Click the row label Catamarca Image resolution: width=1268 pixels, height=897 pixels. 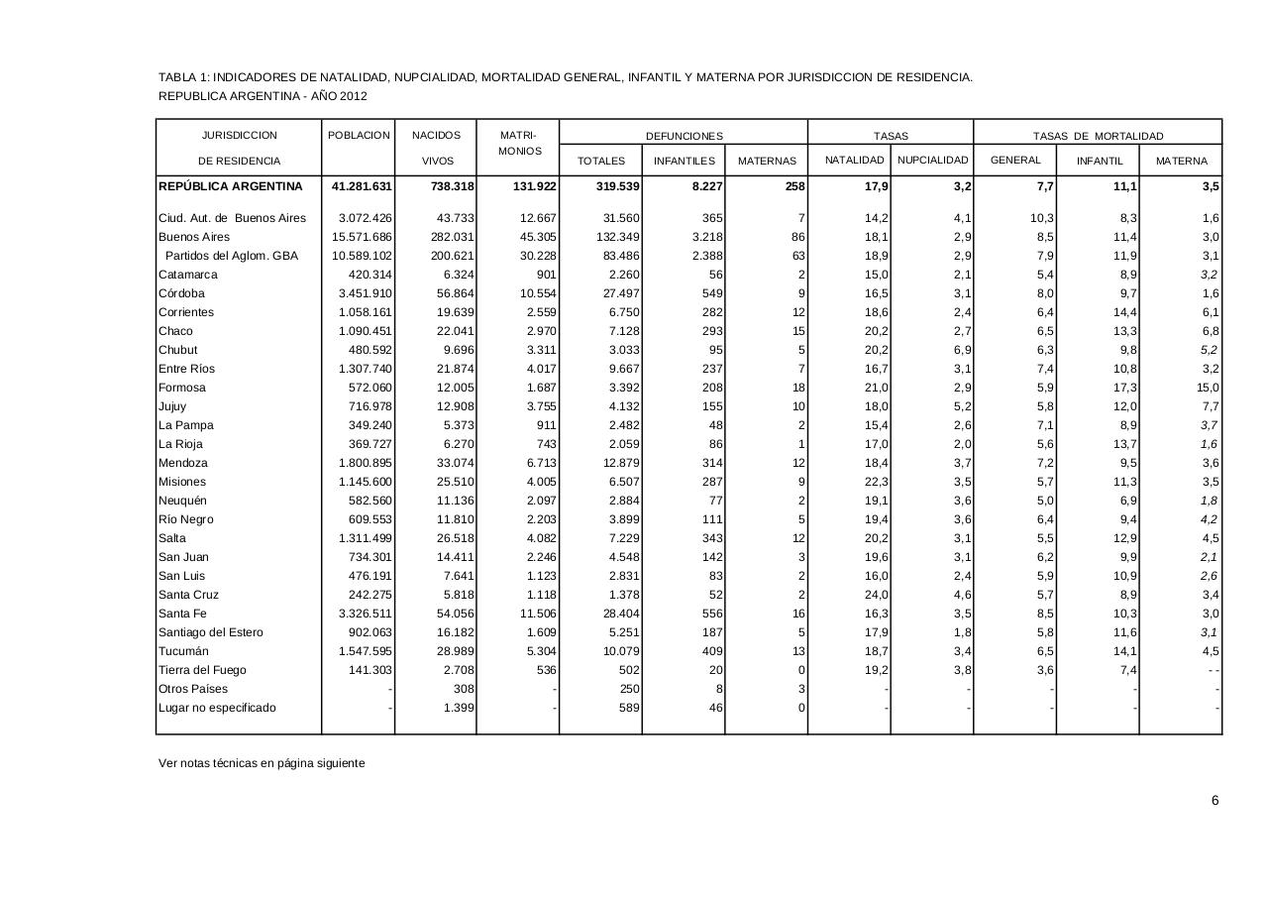pyautogui.click(x=187, y=275)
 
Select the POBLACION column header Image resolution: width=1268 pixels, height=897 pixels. pyautogui.click(x=358, y=135)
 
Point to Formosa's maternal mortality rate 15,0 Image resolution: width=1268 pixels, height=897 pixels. pyautogui.click(x=1208, y=388)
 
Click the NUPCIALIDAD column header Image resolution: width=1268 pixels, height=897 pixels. pyautogui.click(x=932, y=161)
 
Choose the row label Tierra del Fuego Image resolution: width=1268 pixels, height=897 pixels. pyautogui.click(x=202, y=670)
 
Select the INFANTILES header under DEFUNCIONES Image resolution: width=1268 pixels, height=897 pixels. pyautogui.click(x=684, y=161)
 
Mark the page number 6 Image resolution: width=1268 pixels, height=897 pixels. pyautogui.click(x=1215, y=801)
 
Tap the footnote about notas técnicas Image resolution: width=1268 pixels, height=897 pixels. pyautogui.click(x=262, y=763)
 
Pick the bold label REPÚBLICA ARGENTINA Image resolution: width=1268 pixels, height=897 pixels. pyautogui.click(x=230, y=186)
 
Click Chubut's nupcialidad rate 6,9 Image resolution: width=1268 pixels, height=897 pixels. pyautogui.click(x=961, y=350)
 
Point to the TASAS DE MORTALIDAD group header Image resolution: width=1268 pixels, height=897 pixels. pyautogui.click(x=1098, y=136)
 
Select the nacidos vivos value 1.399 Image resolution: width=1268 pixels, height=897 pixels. pyautogui.click(x=458, y=708)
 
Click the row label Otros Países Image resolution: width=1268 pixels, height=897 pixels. pyautogui.click(x=193, y=689)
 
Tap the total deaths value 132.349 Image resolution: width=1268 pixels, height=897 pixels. pyautogui.click(x=615, y=237)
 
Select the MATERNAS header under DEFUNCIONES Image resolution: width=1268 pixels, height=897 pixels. pyautogui.click(x=767, y=161)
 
